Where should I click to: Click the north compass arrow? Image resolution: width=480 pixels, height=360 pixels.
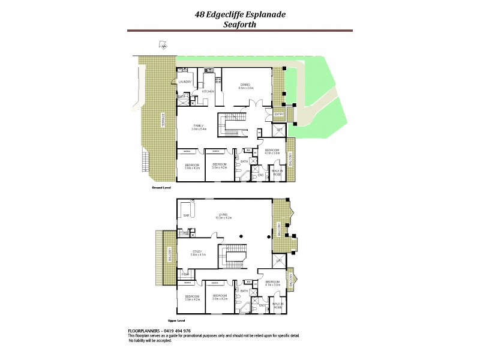click(x=162, y=44)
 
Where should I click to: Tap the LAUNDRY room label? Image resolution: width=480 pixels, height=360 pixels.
click(x=185, y=82)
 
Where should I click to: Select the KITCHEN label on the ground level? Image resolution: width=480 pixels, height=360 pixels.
click(x=208, y=91)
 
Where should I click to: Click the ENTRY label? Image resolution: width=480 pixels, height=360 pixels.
click(x=278, y=114)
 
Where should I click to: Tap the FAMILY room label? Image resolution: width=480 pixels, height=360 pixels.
click(x=199, y=127)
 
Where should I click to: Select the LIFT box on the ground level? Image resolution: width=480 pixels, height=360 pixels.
click(x=280, y=129)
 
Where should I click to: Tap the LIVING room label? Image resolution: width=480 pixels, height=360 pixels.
click(x=223, y=214)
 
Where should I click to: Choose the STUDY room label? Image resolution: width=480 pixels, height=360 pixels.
click(x=197, y=253)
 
